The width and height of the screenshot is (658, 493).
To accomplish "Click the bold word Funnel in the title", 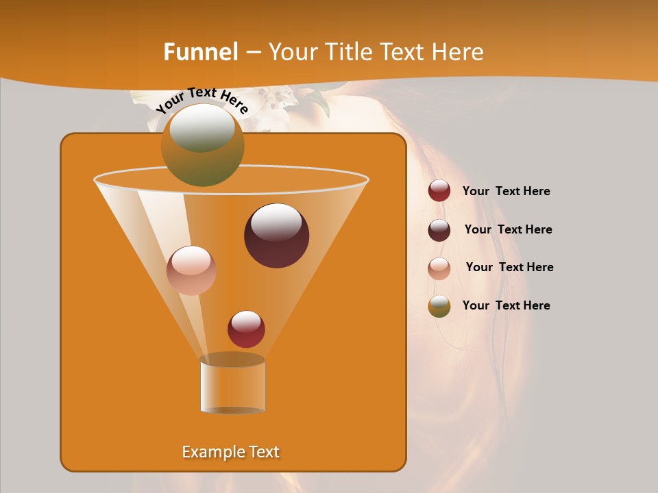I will (201, 52).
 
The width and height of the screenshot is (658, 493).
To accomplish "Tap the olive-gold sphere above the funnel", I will (202, 144).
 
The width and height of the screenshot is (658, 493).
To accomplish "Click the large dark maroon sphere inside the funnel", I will (276, 236).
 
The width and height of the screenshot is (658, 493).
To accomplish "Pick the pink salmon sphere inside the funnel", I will (191, 270).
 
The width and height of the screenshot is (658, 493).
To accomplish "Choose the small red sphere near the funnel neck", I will (246, 329).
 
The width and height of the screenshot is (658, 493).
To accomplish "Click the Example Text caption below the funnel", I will (230, 452).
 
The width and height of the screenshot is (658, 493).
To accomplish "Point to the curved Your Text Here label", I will (202, 99).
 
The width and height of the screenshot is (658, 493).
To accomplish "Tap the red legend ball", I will (439, 191).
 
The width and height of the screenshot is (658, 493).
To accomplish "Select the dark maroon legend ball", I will (439, 230).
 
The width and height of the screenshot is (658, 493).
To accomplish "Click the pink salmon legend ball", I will (439, 268).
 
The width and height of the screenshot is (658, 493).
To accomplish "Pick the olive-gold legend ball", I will (439, 306).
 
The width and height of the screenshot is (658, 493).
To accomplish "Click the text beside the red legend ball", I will (506, 191).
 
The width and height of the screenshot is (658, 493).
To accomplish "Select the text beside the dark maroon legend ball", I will (508, 229).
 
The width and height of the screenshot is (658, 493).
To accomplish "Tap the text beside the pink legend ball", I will (509, 267).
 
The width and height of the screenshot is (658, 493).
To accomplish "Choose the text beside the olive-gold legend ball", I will (506, 305).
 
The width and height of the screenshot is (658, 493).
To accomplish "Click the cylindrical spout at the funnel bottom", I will (232, 385).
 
